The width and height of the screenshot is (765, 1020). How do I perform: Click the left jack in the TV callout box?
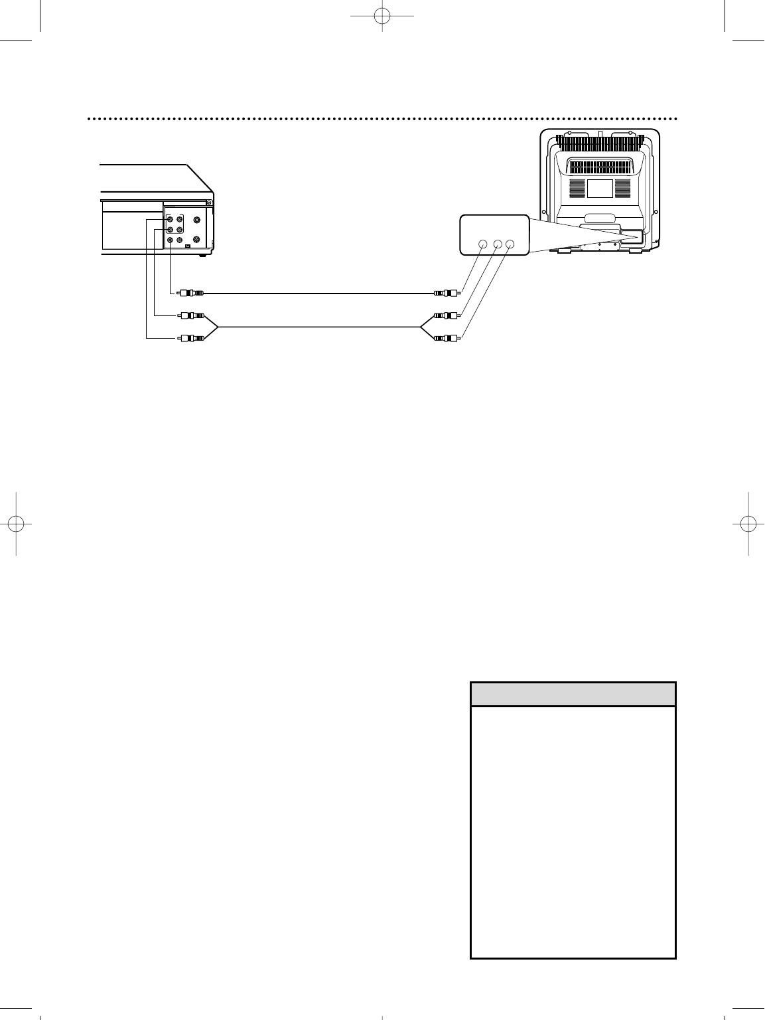(x=483, y=244)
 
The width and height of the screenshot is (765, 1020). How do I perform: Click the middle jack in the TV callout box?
(x=497, y=244)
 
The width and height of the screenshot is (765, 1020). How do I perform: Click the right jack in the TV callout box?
(x=510, y=244)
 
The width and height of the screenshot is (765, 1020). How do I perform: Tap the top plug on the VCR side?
(x=191, y=293)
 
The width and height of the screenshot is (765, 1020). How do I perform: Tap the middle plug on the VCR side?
(x=191, y=316)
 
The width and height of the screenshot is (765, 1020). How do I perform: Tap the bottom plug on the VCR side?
(x=191, y=338)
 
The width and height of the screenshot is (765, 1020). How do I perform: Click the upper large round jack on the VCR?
(x=196, y=220)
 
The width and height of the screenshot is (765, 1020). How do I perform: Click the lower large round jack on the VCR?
(x=196, y=239)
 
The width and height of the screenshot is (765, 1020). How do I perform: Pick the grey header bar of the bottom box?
(x=573, y=695)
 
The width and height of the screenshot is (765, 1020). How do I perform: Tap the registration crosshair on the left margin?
(x=17, y=523)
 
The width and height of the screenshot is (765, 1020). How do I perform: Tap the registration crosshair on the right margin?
(x=748, y=523)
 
